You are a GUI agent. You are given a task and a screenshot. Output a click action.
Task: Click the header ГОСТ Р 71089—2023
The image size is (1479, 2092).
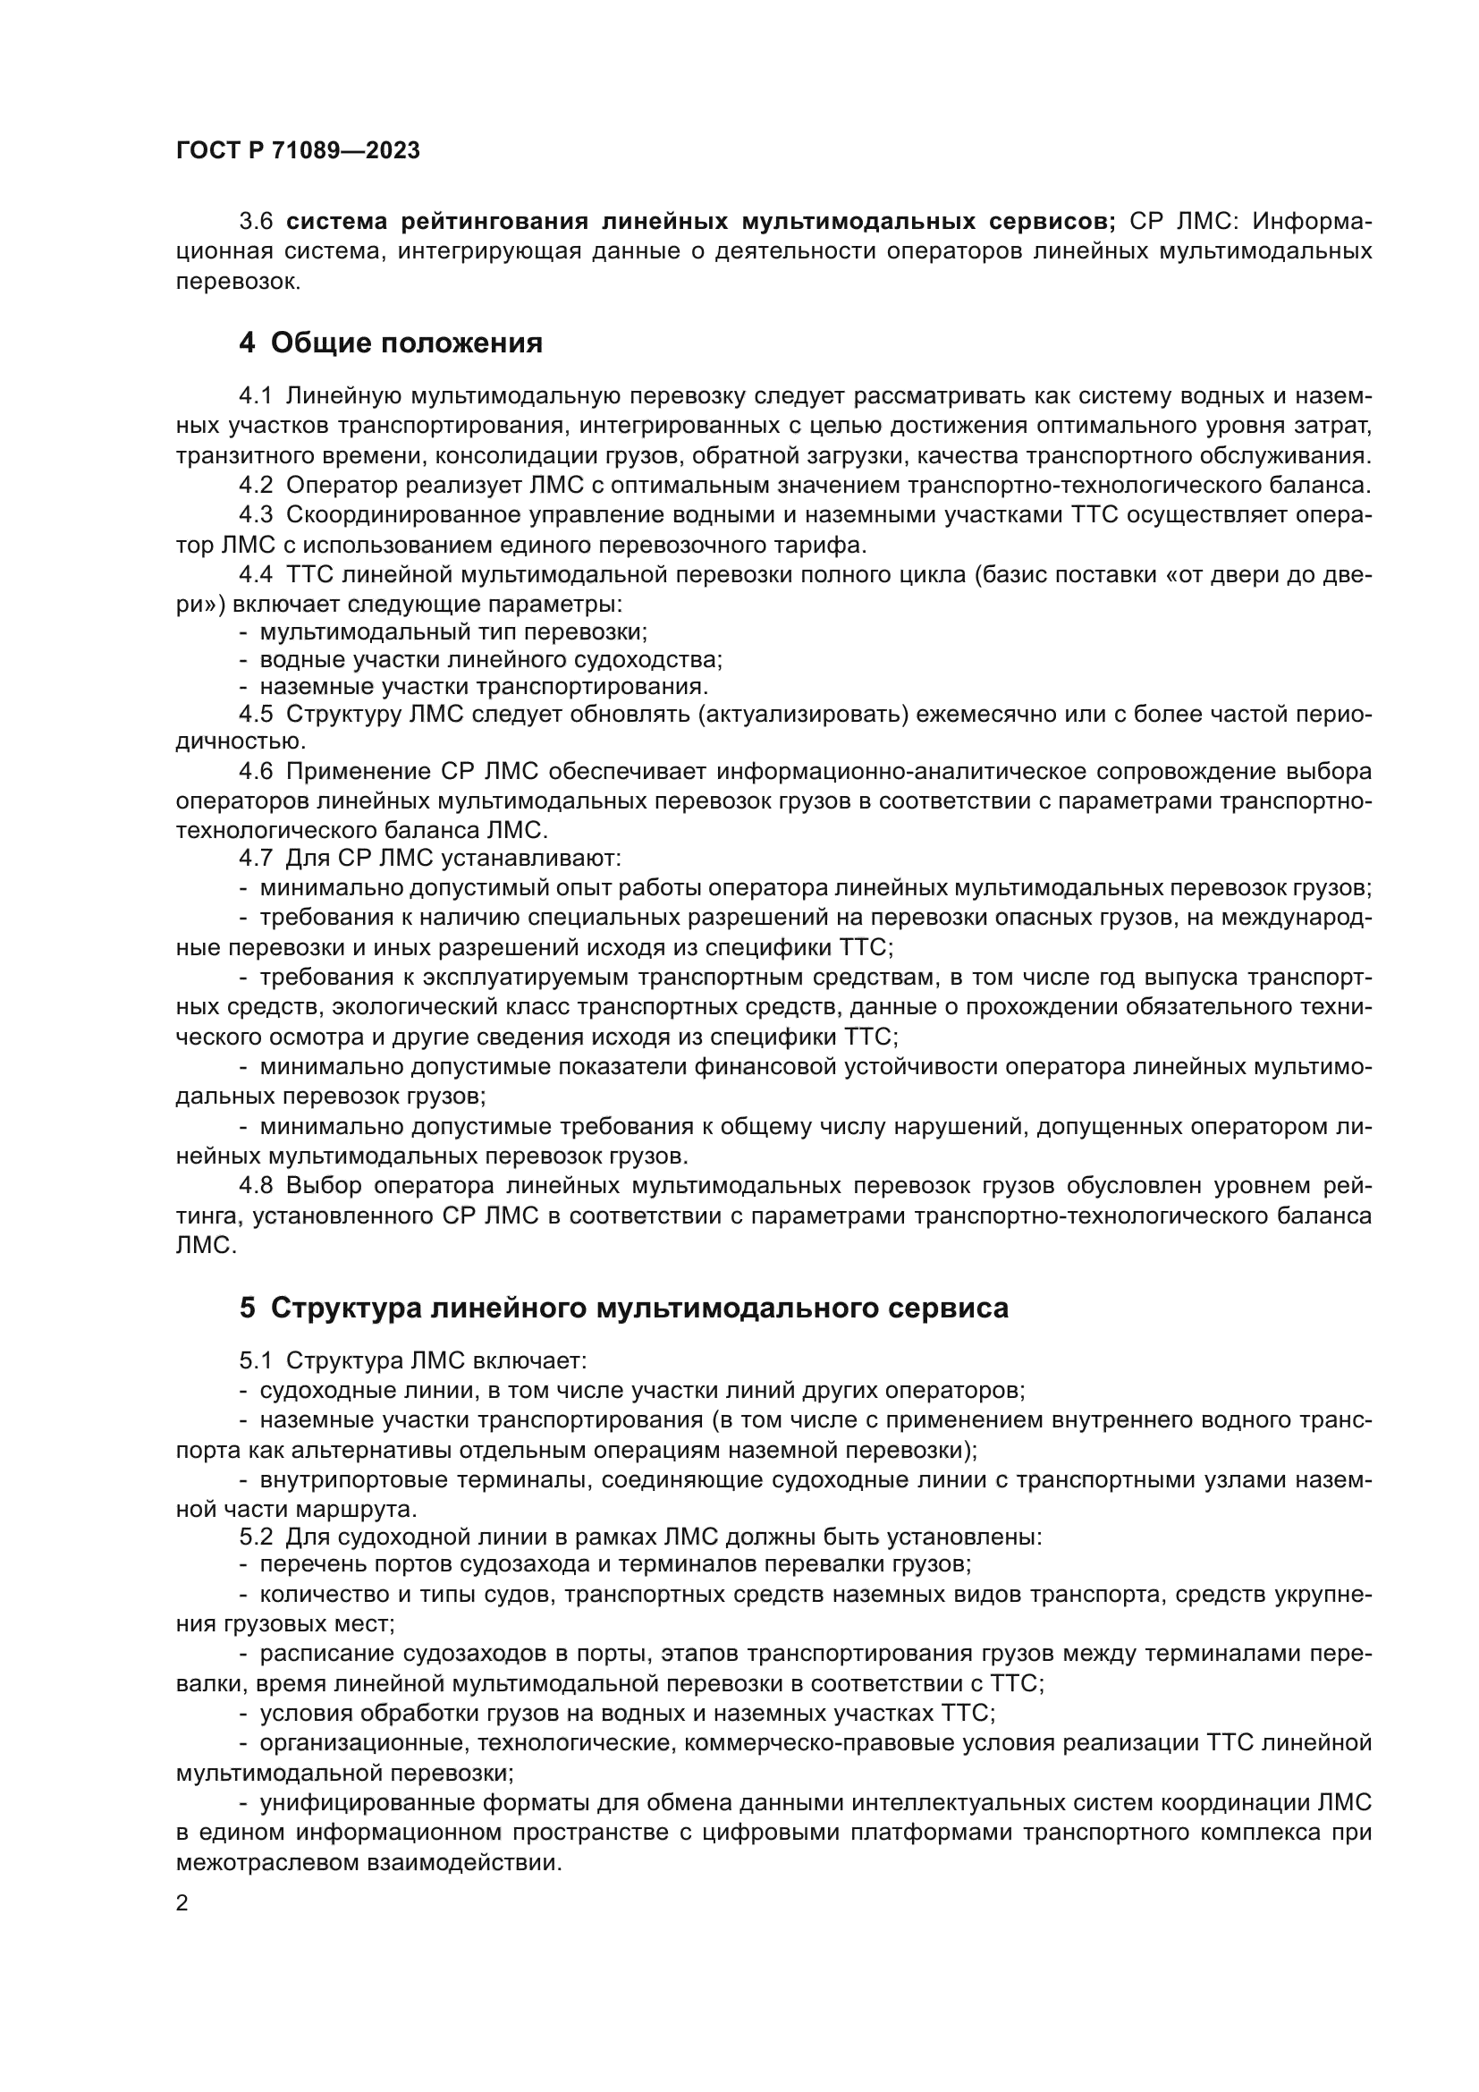[298, 151]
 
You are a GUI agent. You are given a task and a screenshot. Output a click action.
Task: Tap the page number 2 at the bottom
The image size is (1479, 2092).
[182, 1903]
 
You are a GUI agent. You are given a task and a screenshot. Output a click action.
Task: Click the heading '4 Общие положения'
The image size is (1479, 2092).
[391, 343]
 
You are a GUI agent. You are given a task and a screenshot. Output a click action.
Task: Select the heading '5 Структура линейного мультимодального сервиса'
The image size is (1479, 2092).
[624, 1309]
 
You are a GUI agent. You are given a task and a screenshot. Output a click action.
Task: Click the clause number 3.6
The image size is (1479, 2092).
[256, 222]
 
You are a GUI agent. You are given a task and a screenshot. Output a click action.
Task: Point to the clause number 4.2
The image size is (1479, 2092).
[256, 485]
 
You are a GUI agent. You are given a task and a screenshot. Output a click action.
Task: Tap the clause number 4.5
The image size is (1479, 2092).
[256, 714]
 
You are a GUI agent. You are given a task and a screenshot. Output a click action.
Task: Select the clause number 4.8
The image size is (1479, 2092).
[256, 1185]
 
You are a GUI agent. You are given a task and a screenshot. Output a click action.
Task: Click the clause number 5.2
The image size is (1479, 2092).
[256, 1537]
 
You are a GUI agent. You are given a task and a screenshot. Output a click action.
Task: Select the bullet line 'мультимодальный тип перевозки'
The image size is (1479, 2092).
[452, 631]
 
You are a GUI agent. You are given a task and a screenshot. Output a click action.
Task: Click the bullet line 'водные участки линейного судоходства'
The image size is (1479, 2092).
[490, 659]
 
